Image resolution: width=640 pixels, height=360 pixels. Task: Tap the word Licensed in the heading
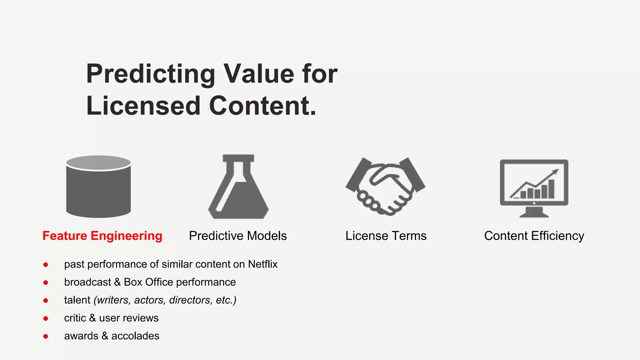pyautogui.click(x=143, y=106)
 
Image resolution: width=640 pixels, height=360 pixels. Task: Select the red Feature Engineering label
pyautogui.click(x=102, y=236)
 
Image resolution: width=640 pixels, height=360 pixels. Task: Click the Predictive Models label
pyautogui.click(x=237, y=236)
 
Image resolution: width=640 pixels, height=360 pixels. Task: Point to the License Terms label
pyautogui.click(x=386, y=236)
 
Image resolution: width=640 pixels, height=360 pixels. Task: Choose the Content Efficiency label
pyautogui.click(x=534, y=236)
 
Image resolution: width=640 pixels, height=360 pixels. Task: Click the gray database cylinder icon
pyautogui.click(x=98, y=187)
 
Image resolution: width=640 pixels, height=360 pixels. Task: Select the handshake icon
pyautogui.click(x=385, y=187)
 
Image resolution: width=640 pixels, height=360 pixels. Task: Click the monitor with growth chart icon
pyautogui.click(x=534, y=187)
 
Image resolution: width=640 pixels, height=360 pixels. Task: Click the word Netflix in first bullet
pyautogui.click(x=262, y=264)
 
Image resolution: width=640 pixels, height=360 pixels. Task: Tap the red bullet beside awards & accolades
pyautogui.click(x=46, y=337)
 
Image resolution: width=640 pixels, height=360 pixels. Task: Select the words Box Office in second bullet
pyautogui.click(x=148, y=282)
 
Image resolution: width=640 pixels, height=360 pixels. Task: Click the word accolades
pyautogui.click(x=135, y=336)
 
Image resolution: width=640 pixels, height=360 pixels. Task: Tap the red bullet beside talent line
pyautogui.click(x=46, y=301)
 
